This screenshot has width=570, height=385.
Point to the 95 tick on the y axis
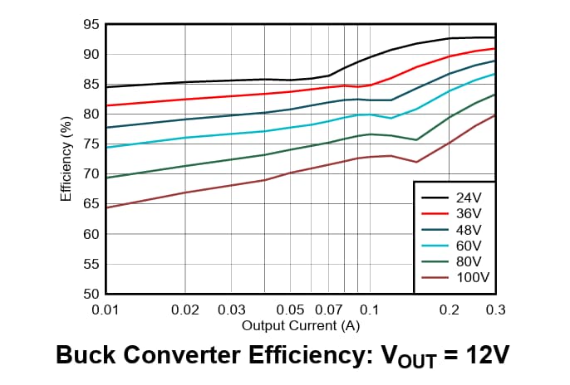[91, 24]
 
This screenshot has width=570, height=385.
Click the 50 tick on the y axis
[91, 294]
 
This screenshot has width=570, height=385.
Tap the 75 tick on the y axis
[91, 144]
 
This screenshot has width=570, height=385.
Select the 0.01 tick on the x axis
[106, 309]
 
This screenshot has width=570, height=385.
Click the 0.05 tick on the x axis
[290, 309]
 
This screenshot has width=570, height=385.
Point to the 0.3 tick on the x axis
[495, 309]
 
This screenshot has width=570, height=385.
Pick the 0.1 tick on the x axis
[370, 309]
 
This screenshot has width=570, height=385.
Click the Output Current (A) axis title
[300, 324]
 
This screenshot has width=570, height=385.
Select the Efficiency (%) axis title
[66, 159]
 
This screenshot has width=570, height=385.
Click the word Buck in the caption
[85, 355]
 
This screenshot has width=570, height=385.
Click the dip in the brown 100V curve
[416, 162]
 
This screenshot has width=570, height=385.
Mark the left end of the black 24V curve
[106, 87]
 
